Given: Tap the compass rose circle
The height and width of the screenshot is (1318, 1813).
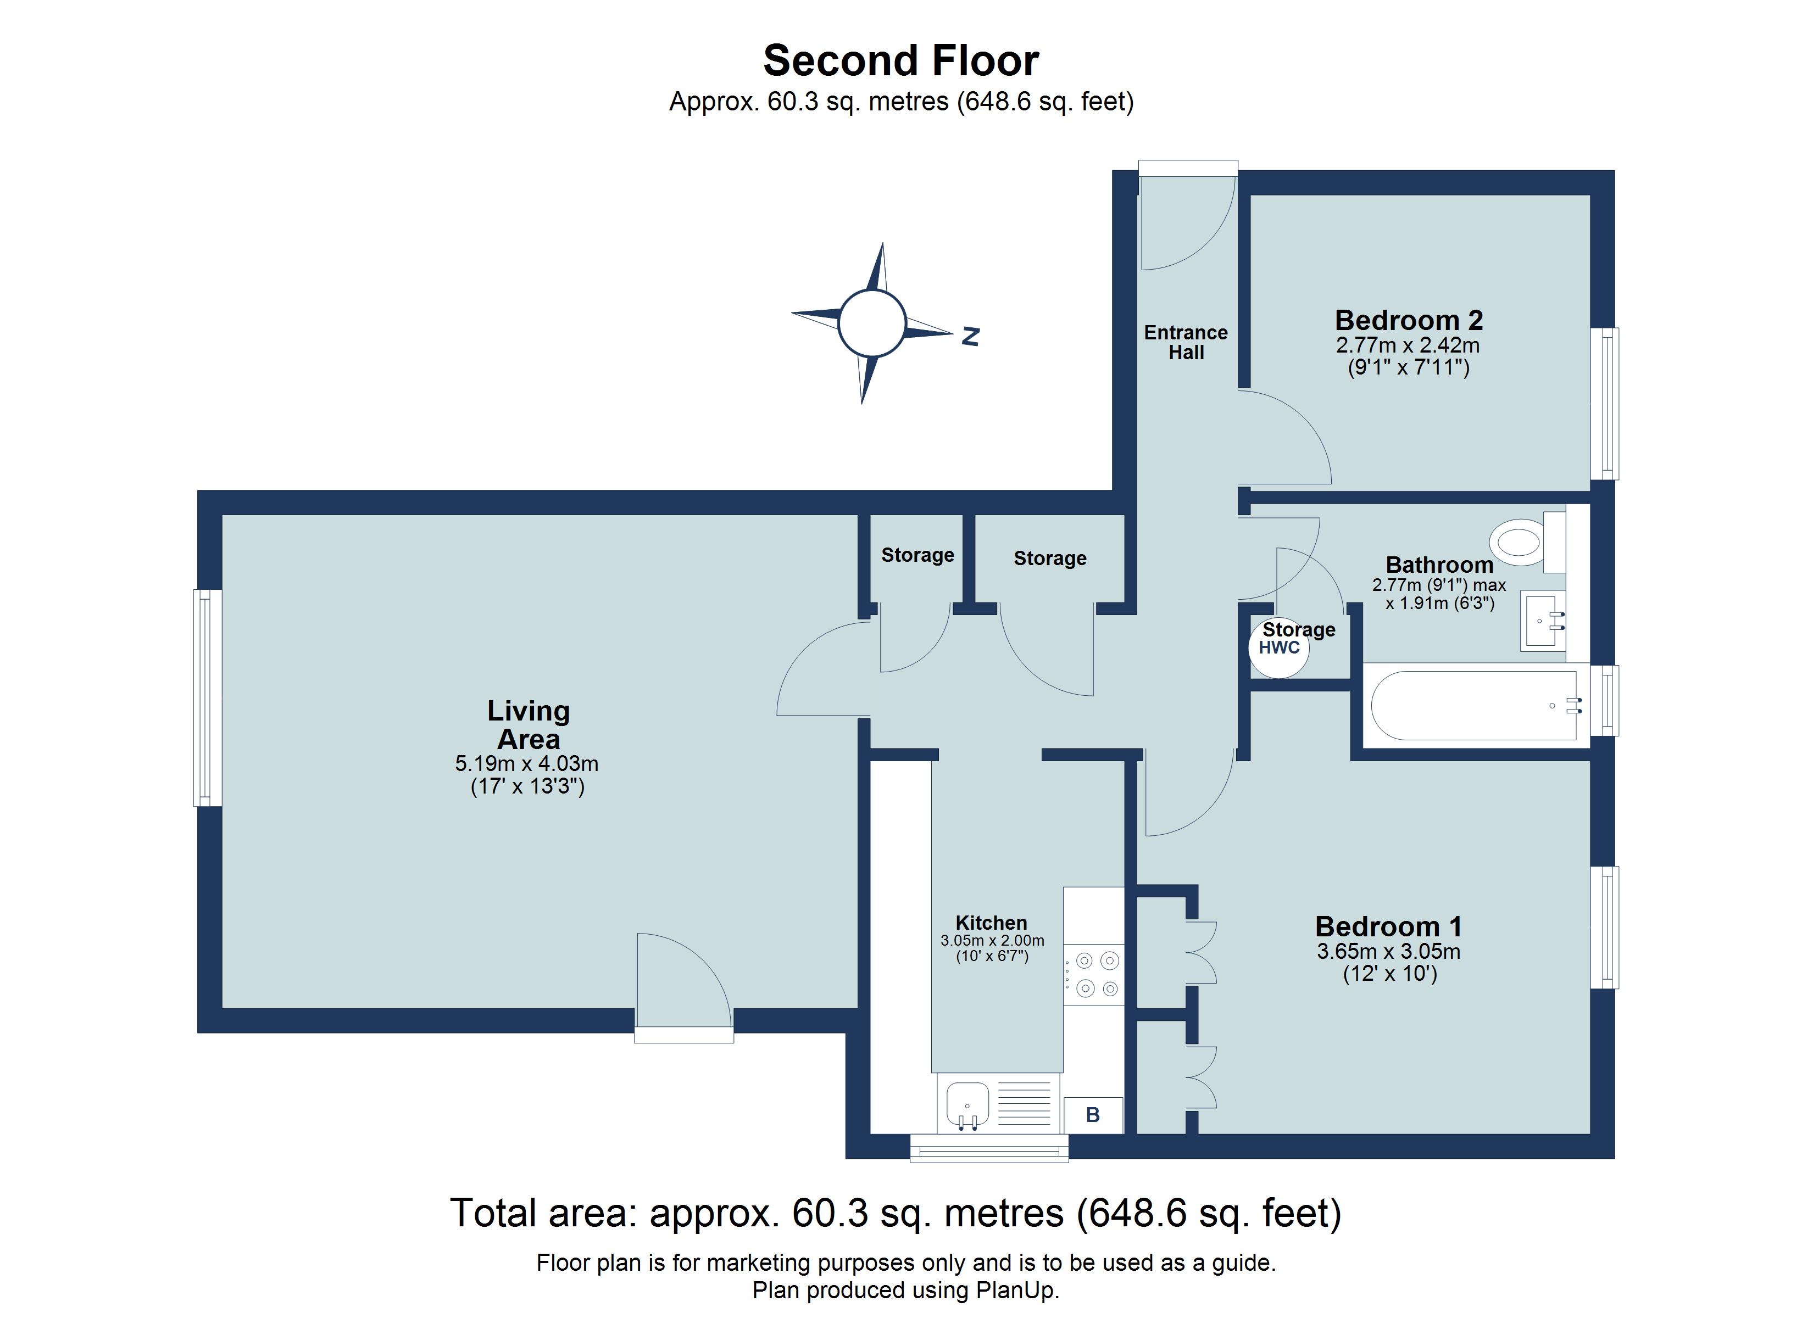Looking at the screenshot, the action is click(871, 323).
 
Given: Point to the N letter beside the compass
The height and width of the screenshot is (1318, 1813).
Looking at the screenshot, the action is click(970, 337).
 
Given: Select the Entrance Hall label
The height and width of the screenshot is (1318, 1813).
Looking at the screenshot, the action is click(1186, 342).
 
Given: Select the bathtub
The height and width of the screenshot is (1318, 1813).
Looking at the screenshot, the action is click(1476, 705).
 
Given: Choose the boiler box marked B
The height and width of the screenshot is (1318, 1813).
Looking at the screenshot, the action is click(1093, 1115).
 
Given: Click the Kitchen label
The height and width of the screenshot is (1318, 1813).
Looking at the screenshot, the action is click(991, 923).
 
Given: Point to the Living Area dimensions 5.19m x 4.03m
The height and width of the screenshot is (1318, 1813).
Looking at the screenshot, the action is click(527, 763).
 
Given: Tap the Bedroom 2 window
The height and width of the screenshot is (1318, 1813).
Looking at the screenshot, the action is click(1604, 404).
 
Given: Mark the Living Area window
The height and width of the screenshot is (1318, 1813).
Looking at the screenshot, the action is click(208, 698).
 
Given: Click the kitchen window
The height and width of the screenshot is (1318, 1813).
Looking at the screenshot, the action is click(989, 1148).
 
